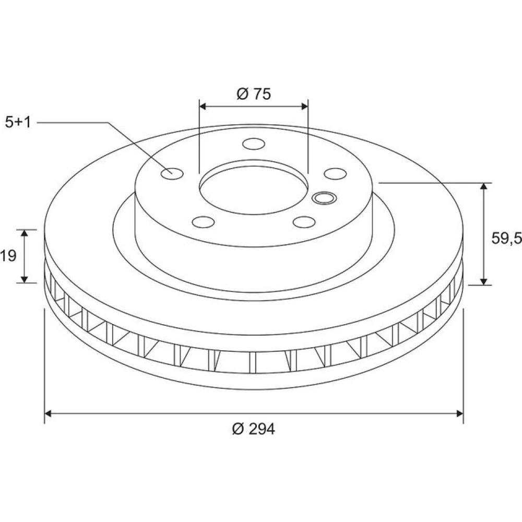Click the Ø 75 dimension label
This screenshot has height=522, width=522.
pyautogui.click(x=254, y=94)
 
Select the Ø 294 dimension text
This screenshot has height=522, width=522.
pyautogui.click(x=254, y=429)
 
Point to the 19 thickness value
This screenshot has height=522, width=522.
pyautogui.click(x=8, y=256)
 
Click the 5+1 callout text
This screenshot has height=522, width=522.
pyautogui.click(x=18, y=123)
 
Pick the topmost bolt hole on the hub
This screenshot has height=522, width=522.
pyautogui.click(x=254, y=144)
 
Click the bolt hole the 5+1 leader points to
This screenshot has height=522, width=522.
pyautogui.click(x=172, y=173)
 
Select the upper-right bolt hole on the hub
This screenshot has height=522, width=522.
pyautogui.click(x=335, y=174)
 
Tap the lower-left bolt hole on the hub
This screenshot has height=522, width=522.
pyautogui.click(x=203, y=222)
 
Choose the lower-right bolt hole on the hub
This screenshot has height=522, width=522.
pyautogui.click(x=304, y=222)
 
